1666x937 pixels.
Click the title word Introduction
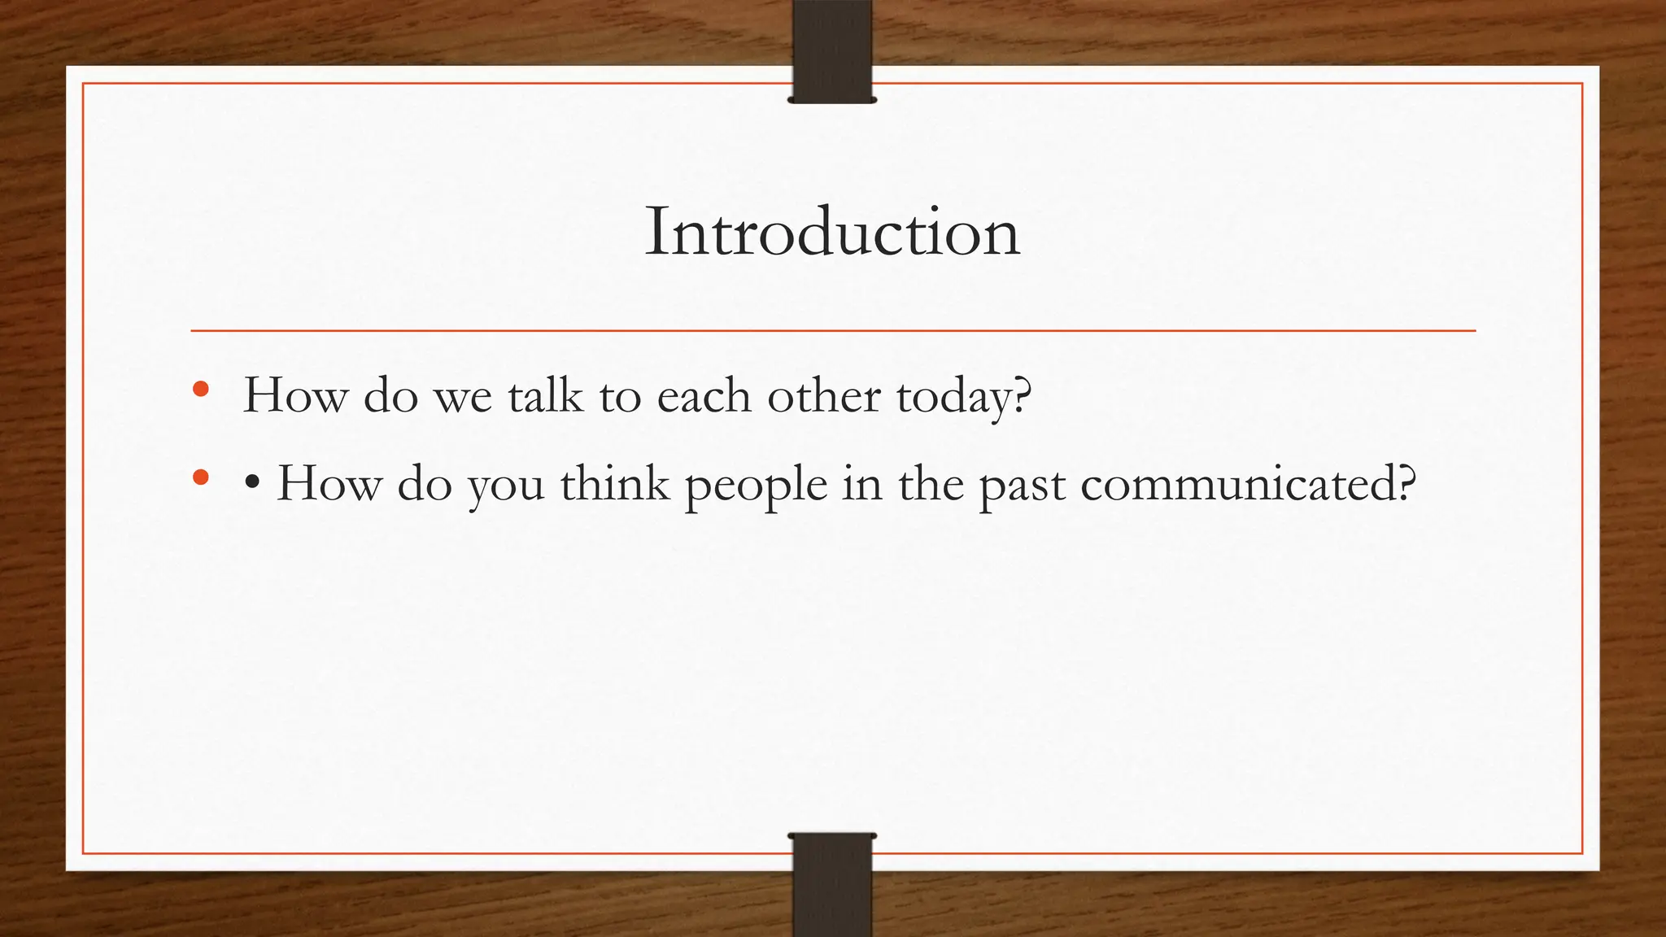[x=832, y=233]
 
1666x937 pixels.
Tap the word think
[x=614, y=483]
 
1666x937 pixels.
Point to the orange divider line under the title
[x=832, y=331]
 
